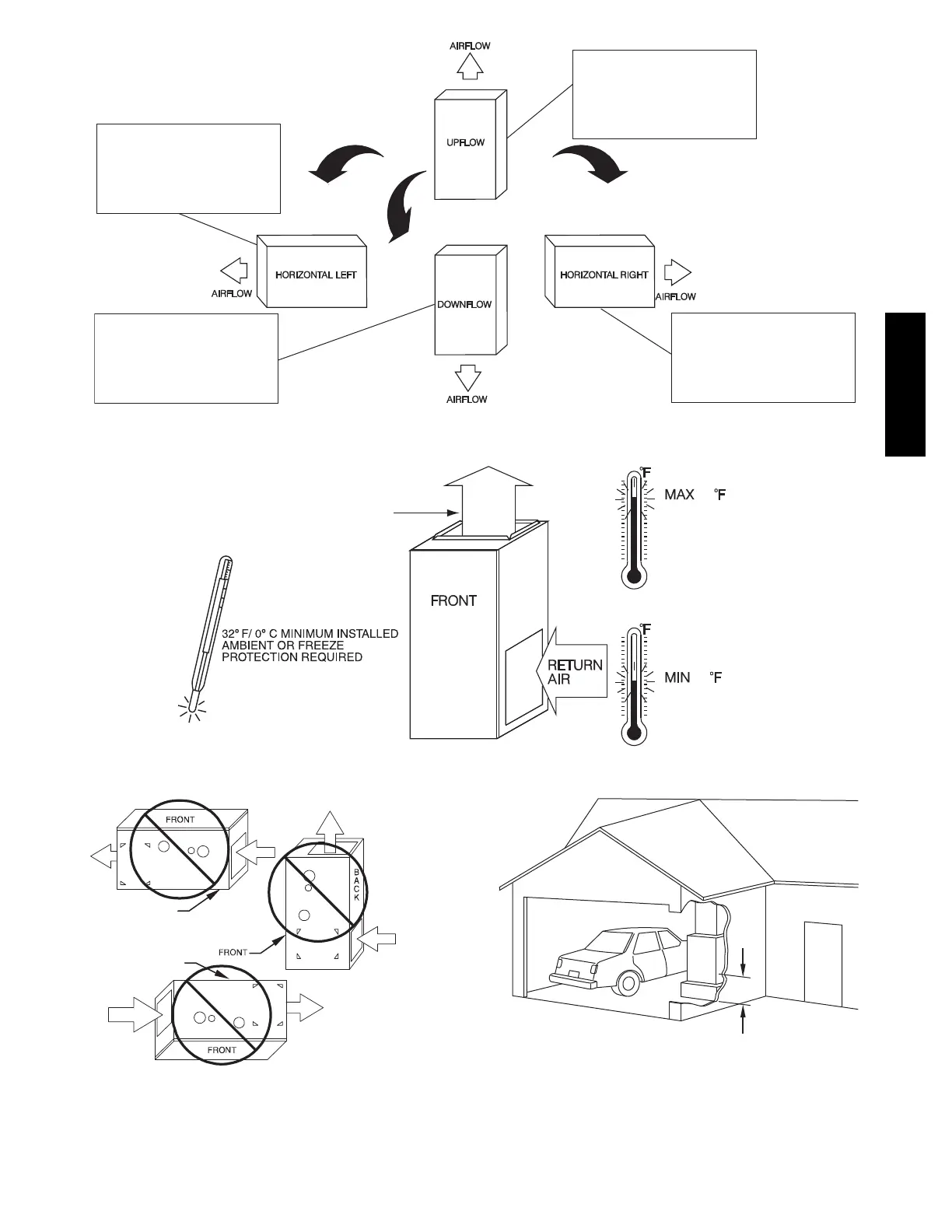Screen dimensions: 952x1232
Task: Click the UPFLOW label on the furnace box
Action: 465,142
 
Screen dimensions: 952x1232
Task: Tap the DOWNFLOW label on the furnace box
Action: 464,304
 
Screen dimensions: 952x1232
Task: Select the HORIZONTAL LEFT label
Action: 316,275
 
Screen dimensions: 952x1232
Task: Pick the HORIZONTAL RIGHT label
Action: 604,275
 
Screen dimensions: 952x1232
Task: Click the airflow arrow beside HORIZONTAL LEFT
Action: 234,271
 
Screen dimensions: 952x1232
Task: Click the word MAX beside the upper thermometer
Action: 679,494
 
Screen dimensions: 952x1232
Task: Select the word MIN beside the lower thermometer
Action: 677,677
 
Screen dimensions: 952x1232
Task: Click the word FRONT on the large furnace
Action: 453,600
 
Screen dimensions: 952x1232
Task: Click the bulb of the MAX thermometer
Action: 634,576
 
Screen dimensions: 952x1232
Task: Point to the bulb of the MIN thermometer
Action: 634,732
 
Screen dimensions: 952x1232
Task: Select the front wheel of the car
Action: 627,983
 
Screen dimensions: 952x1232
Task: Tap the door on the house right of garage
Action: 823,964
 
